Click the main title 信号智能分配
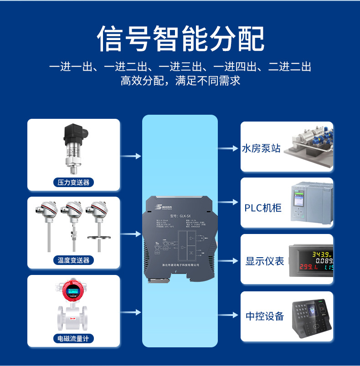[x=180, y=39]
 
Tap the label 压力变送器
[x=73, y=183]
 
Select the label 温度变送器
[x=73, y=260]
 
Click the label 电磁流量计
[x=73, y=339]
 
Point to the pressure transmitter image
[x=73, y=148]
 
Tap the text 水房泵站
[x=261, y=149]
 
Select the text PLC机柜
[x=263, y=208]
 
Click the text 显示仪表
[x=265, y=261]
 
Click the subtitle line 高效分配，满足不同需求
[x=180, y=81]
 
